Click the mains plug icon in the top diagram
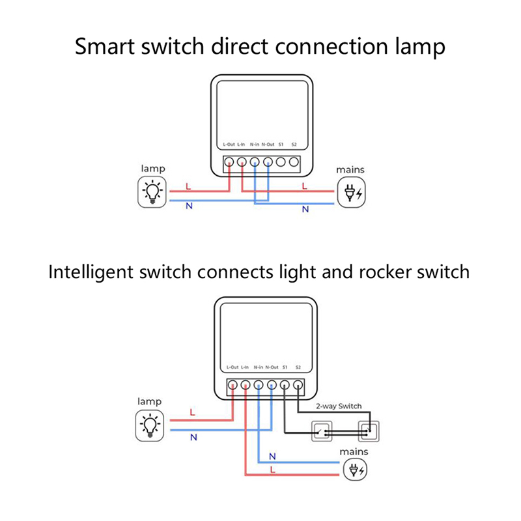click(351, 193)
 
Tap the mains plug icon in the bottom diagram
click(355, 469)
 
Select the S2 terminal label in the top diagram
click(294, 143)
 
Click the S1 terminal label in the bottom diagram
click(285, 367)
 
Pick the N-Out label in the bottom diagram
click(272, 367)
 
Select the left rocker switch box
click(322, 430)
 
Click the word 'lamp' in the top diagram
click(153, 169)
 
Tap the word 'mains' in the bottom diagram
click(354, 451)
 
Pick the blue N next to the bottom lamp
click(193, 438)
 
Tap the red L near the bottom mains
click(272, 469)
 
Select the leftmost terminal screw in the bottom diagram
click(232, 385)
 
